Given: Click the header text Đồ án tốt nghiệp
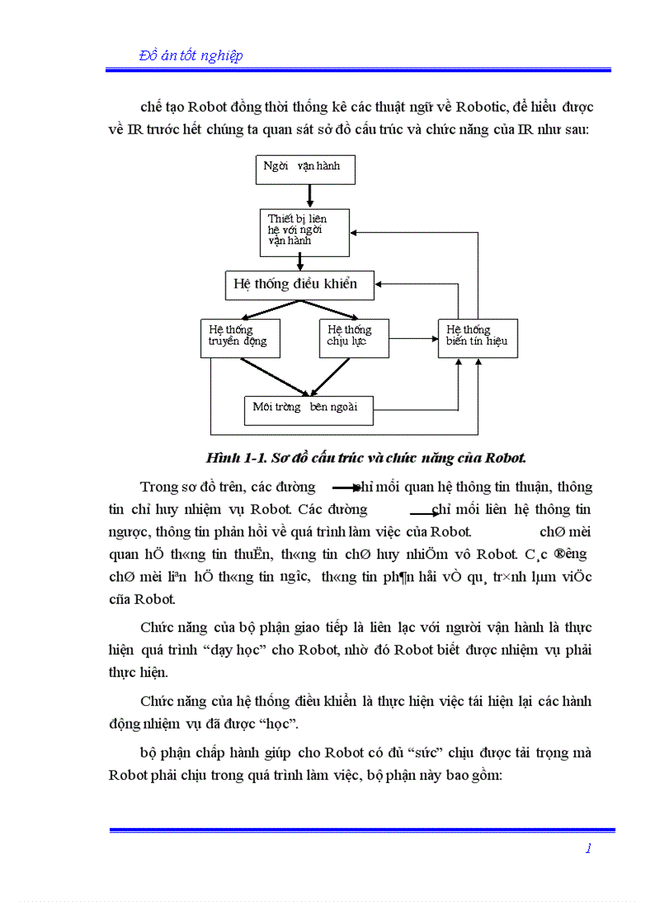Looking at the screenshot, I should pyautogui.click(x=191, y=55).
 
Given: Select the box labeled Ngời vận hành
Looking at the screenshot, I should pyautogui.click(x=303, y=169).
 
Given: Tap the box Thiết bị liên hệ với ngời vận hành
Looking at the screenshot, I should pyautogui.click(x=304, y=231).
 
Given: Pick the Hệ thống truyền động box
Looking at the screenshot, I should pyautogui.click(x=240, y=338).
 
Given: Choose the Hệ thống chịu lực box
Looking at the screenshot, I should pyautogui.click(x=354, y=338).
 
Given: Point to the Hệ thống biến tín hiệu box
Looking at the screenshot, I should pyautogui.click(x=478, y=338).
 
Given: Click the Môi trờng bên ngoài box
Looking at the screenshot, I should pyautogui.click(x=308, y=410).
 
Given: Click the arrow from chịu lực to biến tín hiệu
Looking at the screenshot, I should pyautogui.click(x=413, y=338).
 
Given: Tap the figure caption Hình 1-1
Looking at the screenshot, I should pyautogui.click(x=366, y=459).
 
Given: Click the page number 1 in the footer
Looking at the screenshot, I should pyautogui.click(x=588, y=848).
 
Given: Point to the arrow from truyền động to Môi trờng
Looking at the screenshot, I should pyautogui.click(x=273, y=377).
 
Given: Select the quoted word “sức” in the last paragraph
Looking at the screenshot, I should pyautogui.click(x=428, y=753).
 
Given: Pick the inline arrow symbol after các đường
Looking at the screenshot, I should pyautogui.click(x=347, y=488).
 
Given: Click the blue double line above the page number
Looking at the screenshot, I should pyautogui.click(x=362, y=831).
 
